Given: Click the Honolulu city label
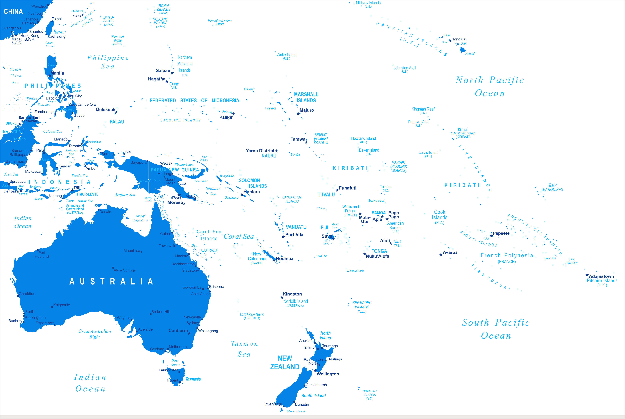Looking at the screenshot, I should pyautogui.click(x=459, y=39).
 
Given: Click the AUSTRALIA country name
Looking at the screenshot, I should pyautogui.click(x=111, y=281).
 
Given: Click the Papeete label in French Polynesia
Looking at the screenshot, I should pyautogui.click(x=501, y=233).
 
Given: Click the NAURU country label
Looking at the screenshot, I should pyautogui.click(x=269, y=156).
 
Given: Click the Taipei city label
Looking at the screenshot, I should pyautogui.click(x=57, y=19).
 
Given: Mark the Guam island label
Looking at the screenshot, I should pyautogui.click(x=174, y=84).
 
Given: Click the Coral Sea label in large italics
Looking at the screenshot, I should pyautogui.click(x=239, y=237).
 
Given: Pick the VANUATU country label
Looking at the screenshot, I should pyautogui.click(x=296, y=227).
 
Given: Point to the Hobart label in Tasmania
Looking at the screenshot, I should pyautogui.click(x=172, y=380).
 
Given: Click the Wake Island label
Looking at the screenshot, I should pyautogui.click(x=287, y=55).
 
